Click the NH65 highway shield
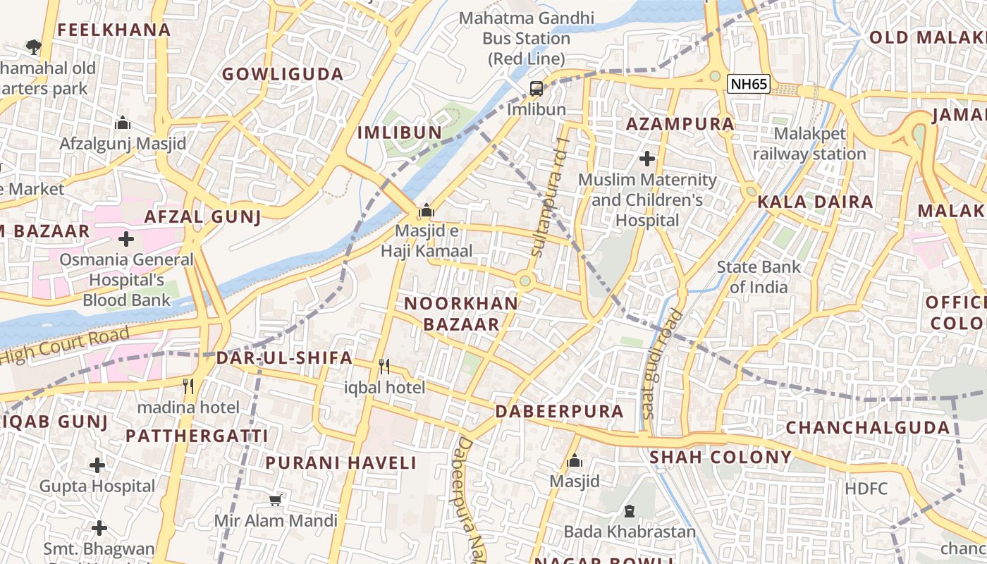[x=748, y=84]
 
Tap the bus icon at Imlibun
[x=537, y=89]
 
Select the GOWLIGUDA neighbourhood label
[x=283, y=74]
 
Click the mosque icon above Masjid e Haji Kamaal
[x=426, y=211]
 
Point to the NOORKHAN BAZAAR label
[x=461, y=314]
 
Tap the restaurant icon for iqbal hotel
[x=384, y=366]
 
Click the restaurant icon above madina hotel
[x=188, y=386]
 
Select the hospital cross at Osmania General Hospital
[x=126, y=239]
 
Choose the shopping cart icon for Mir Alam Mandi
[x=276, y=500]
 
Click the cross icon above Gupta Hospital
[x=97, y=465]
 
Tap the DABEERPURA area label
[x=560, y=411]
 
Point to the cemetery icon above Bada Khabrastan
[x=629, y=511]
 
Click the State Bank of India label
[x=759, y=277]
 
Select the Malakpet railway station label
[x=809, y=144]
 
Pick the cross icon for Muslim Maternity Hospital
[x=646, y=159]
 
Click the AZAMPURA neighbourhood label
[x=680, y=124]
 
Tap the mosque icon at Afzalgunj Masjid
[x=123, y=123]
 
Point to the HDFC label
[x=866, y=488]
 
